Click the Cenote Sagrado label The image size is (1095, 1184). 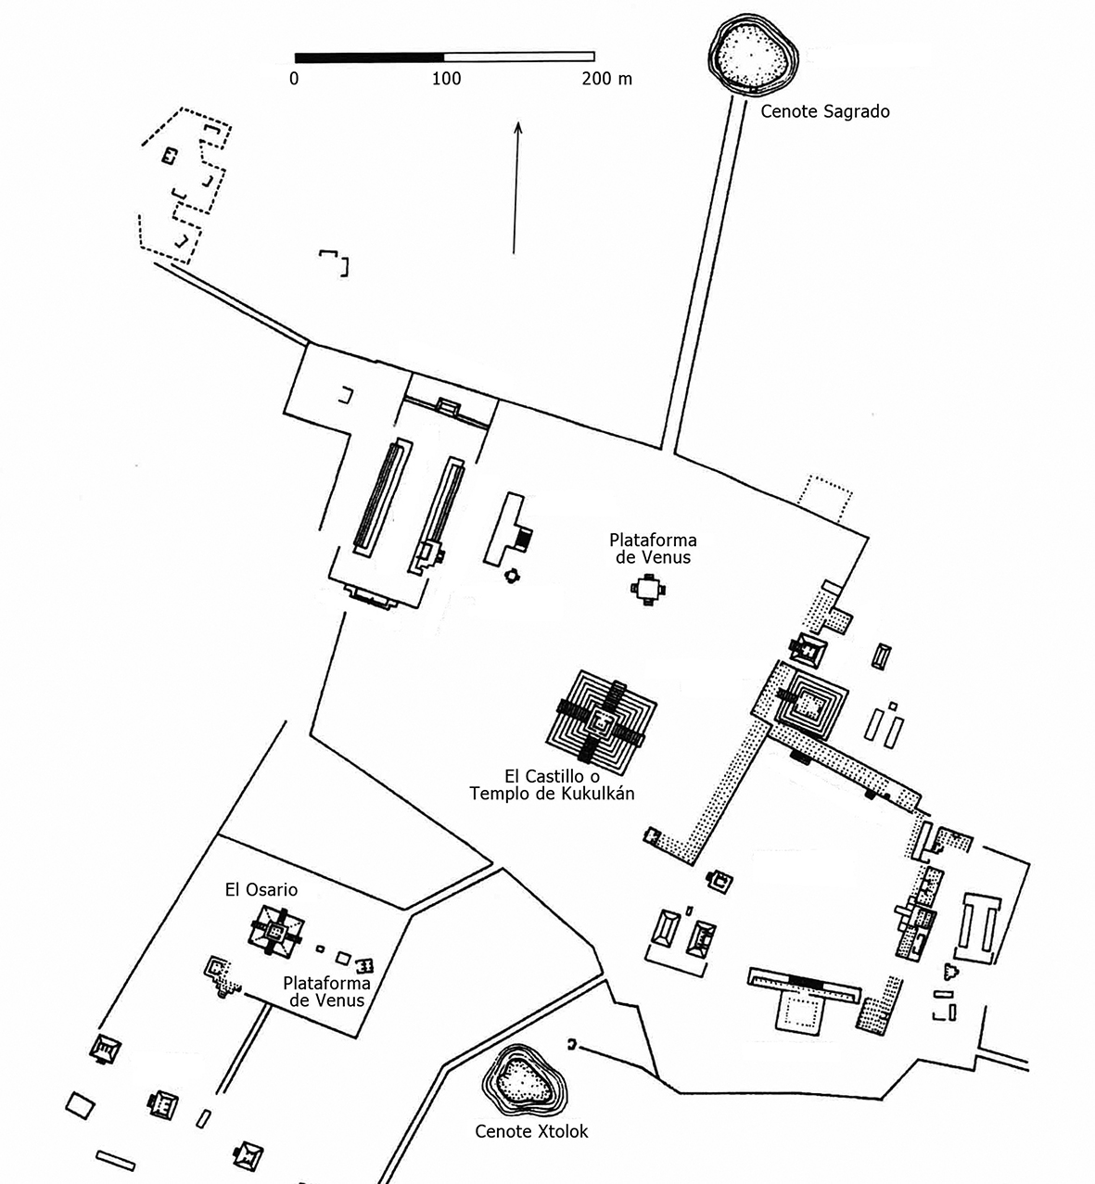click(824, 111)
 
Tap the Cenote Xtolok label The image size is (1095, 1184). click(531, 1131)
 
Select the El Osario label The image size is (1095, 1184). click(261, 890)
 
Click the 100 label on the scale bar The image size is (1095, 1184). click(447, 80)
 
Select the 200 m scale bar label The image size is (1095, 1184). click(606, 80)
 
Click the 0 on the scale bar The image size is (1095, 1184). click(294, 80)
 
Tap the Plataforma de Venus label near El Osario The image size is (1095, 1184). click(326, 992)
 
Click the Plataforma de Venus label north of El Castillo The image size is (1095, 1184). click(652, 548)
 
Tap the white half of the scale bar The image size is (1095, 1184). click(519, 57)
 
